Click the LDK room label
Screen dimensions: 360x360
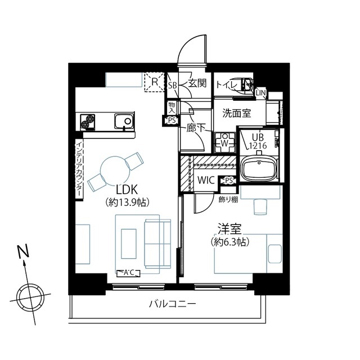pyautogui.click(x=127, y=190)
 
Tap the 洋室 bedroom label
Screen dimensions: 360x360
pyautogui.click(x=229, y=229)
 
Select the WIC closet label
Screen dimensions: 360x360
pyautogui.click(x=206, y=180)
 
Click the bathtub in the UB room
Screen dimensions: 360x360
pyautogui.click(x=259, y=169)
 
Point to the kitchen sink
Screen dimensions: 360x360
pyautogui.click(x=123, y=121)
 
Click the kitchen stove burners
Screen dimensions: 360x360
pyautogui.click(x=88, y=121)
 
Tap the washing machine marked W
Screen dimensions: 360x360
pyautogui.click(x=225, y=143)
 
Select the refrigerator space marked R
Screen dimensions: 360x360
pyautogui.click(x=155, y=82)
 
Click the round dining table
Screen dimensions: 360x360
pyautogui.click(x=113, y=169)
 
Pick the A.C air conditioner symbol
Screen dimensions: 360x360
pyautogui.click(x=128, y=273)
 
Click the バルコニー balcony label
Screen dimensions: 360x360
pyautogui.click(x=173, y=304)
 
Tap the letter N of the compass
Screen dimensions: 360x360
pyautogui.click(x=24, y=251)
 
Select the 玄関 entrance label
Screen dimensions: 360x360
pyautogui.click(x=197, y=83)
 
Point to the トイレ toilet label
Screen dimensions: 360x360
pyautogui.click(x=227, y=85)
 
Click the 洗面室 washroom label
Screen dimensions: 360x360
pyautogui.click(x=237, y=113)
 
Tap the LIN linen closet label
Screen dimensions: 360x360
pyautogui.click(x=260, y=93)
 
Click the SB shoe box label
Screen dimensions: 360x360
pyautogui.click(x=173, y=85)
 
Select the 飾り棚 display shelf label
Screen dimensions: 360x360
pyautogui.click(x=228, y=200)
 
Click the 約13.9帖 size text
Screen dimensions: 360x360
pyautogui.click(x=128, y=202)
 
